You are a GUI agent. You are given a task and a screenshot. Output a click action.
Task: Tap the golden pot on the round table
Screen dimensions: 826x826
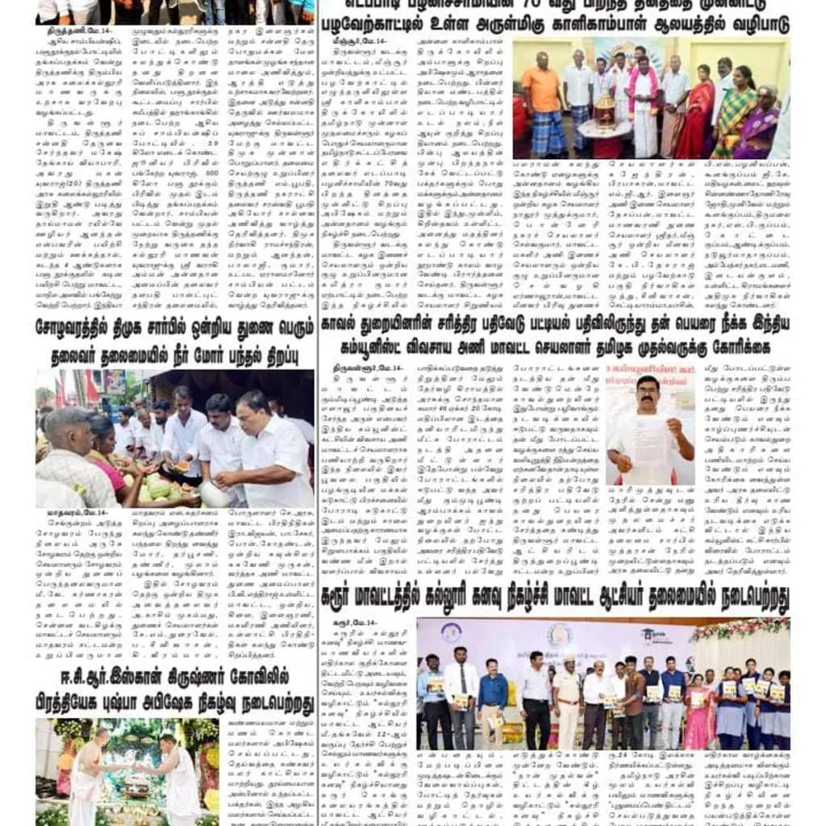point(605,109)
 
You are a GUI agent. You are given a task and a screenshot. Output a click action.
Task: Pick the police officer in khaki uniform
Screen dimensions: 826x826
point(567,694)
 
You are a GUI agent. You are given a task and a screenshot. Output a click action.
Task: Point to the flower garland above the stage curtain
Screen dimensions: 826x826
point(738,627)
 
